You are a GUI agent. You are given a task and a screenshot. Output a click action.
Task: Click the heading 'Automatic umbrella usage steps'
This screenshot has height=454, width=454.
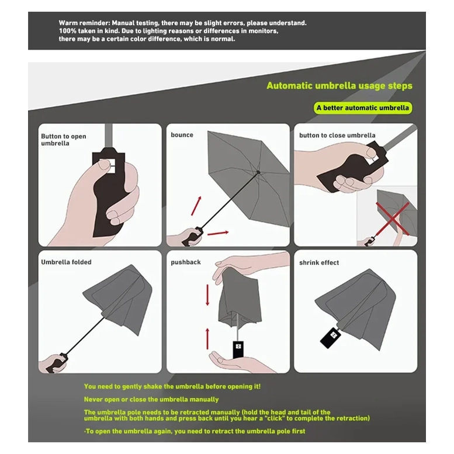coord(339,86)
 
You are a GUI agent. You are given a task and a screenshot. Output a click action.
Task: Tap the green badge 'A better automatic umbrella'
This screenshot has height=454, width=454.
coord(363,108)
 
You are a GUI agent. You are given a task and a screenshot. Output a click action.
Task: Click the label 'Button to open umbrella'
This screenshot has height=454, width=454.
coord(63,140)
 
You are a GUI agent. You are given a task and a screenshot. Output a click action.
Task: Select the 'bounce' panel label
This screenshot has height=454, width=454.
coord(182,135)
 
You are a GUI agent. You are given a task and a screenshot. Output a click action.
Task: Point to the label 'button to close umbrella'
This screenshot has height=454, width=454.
coord(337,136)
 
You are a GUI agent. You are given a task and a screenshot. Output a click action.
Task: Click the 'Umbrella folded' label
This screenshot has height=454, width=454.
coord(66,262)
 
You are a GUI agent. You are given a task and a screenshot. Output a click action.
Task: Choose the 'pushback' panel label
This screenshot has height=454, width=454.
coord(185,262)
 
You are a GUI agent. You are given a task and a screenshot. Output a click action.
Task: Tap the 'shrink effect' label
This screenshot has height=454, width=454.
coord(319,263)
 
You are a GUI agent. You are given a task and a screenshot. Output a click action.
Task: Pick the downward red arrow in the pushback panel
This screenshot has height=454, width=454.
coord(207,296)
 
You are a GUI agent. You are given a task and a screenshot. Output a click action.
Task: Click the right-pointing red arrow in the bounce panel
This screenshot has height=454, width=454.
coord(217,233)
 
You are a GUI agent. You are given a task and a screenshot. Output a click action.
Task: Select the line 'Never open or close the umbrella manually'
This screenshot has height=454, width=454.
coord(151,399)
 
